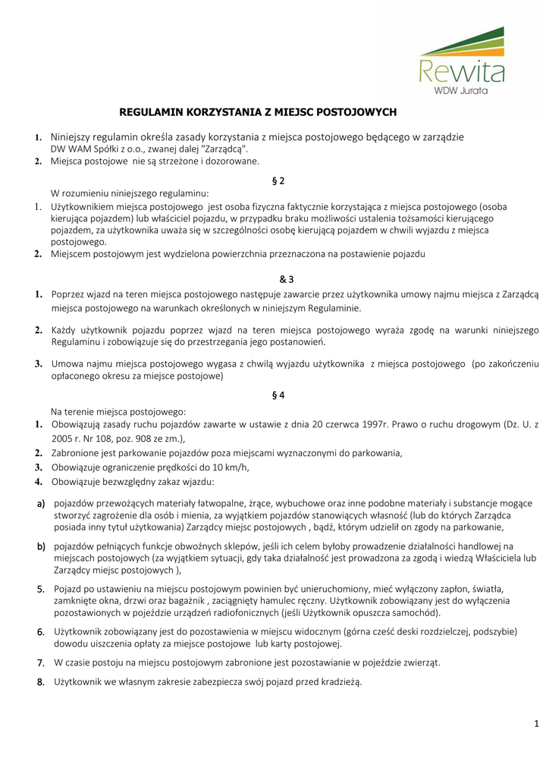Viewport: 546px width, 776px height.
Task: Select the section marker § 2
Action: pos(278,180)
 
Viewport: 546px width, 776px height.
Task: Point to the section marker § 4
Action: pos(278,396)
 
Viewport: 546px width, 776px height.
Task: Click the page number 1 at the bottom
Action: pos(535,724)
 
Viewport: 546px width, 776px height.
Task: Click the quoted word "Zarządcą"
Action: pos(225,149)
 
